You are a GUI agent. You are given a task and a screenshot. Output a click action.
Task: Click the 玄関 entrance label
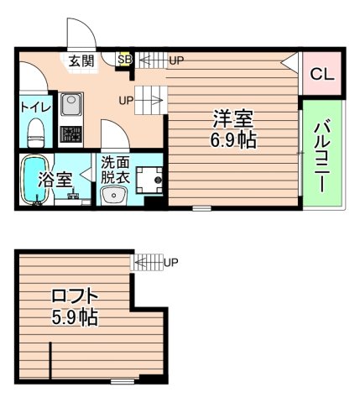point(81,60)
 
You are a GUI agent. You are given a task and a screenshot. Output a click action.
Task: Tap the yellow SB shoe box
point(124,60)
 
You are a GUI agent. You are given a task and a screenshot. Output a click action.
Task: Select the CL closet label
point(321,74)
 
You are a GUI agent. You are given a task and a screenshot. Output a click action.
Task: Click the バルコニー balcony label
point(321,155)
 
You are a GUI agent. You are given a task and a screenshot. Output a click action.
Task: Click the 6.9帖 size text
point(232,139)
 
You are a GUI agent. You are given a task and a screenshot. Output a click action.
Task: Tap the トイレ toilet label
point(35,107)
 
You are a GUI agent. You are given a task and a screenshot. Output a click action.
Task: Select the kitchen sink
point(70,107)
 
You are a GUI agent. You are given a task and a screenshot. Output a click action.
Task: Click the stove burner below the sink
point(70,133)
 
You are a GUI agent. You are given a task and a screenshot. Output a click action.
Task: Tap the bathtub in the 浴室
point(35,181)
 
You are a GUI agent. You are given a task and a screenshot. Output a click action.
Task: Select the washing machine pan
point(151,179)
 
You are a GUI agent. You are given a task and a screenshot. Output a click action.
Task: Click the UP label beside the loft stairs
point(171,261)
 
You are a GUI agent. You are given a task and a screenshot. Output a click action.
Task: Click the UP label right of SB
point(176,60)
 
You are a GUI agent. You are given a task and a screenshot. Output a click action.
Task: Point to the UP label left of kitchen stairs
point(126,101)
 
